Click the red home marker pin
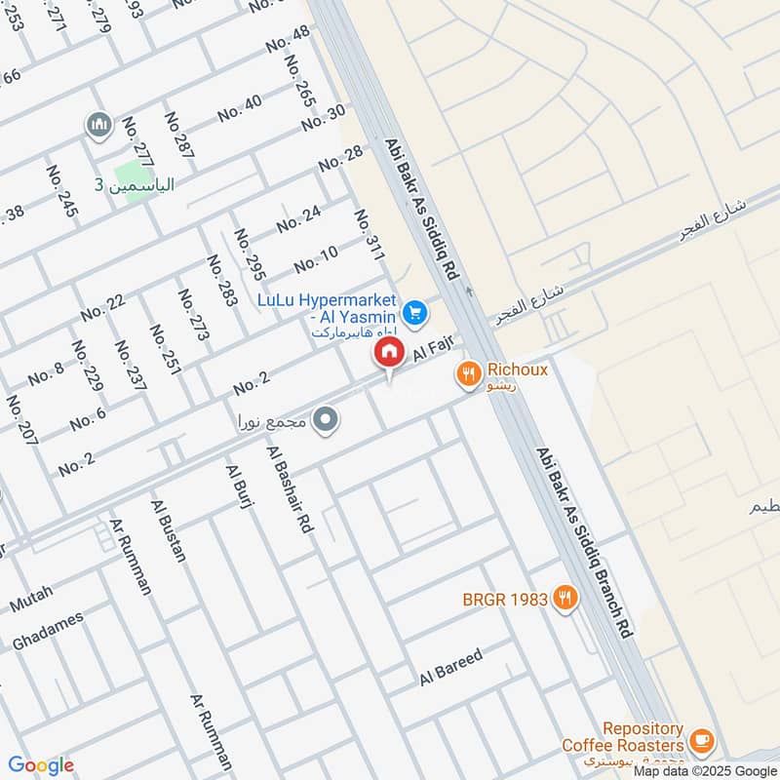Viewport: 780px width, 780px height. coord(388,352)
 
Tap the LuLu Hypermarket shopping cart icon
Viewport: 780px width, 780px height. coord(415,312)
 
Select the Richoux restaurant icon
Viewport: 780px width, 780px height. coord(469,372)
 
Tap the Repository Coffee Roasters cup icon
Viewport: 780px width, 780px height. coord(700,738)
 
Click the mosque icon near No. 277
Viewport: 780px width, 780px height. coord(97,125)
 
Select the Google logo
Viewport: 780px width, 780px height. coord(41,765)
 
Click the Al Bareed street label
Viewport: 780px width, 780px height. coord(450,667)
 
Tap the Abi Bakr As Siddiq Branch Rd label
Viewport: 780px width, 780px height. coord(585,543)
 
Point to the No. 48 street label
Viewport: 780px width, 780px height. coord(288,39)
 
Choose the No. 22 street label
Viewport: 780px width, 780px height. coord(102,307)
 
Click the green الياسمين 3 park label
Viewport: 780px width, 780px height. coord(134,184)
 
